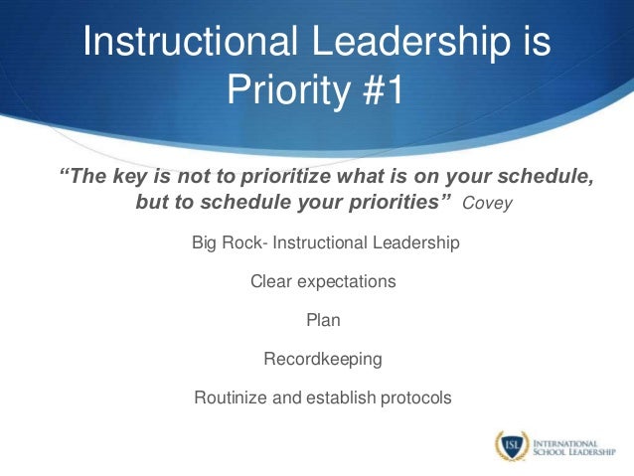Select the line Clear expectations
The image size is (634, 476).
[x=323, y=281]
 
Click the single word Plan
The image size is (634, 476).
[x=323, y=320]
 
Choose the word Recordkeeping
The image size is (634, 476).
[x=323, y=359]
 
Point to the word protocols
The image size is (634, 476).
[x=414, y=397]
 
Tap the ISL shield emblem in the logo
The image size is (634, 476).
[x=510, y=446]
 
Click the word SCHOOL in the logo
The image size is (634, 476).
[x=552, y=453]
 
